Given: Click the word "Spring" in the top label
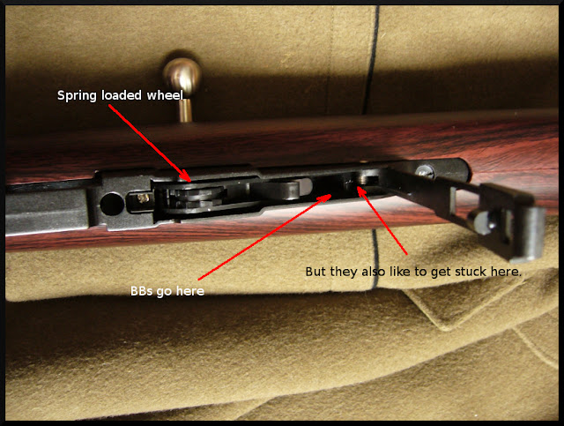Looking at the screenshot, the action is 78,96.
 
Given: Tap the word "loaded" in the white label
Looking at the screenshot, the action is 122,95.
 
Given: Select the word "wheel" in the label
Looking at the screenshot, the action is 165,95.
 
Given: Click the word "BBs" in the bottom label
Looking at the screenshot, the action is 141,291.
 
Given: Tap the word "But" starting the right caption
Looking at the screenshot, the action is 316,272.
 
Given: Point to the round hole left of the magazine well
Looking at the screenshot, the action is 112,204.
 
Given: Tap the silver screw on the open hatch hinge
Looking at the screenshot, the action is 425,171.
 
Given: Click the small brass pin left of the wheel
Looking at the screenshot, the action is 144,198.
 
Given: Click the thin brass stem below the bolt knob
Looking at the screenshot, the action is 185,109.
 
